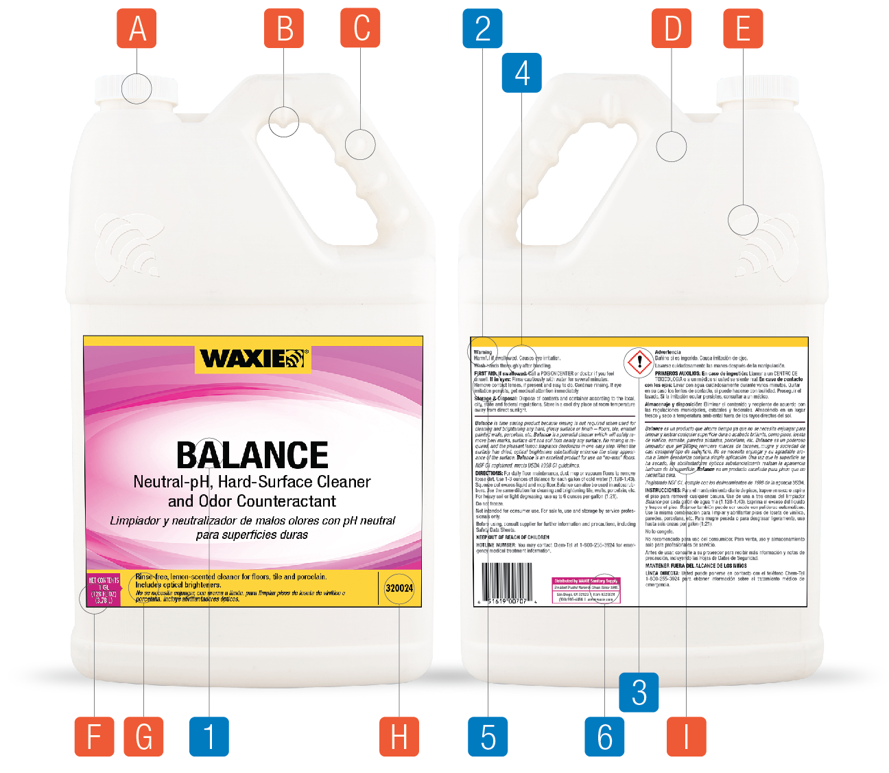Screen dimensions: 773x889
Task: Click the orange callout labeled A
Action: coord(137,29)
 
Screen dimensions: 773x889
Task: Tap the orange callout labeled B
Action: coord(284,29)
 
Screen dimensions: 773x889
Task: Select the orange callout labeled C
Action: coord(360,29)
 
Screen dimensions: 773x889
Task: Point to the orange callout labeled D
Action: coord(673,29)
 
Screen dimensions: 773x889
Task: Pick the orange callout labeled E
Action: coord(743,29)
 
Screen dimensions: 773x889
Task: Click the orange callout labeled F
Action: coord(95,737)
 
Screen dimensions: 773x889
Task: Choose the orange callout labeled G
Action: coord(143,737)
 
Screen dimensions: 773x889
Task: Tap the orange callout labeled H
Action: coord(399,737)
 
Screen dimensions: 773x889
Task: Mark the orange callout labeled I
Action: coord(686,737)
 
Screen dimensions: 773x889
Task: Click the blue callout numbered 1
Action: coord(209,737)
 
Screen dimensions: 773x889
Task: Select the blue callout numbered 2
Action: coord(482,29)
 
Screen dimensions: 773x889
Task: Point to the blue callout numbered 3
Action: coord(639,692)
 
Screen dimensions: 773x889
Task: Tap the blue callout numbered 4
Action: coord(522,73)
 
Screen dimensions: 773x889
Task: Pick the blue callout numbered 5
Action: coord(488,737)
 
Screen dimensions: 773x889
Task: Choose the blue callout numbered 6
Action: coord(604,737)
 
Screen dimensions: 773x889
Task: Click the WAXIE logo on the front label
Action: coord(252,359)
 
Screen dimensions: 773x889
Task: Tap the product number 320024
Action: coord(399,588)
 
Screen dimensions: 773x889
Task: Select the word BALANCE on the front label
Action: coord(252,455)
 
